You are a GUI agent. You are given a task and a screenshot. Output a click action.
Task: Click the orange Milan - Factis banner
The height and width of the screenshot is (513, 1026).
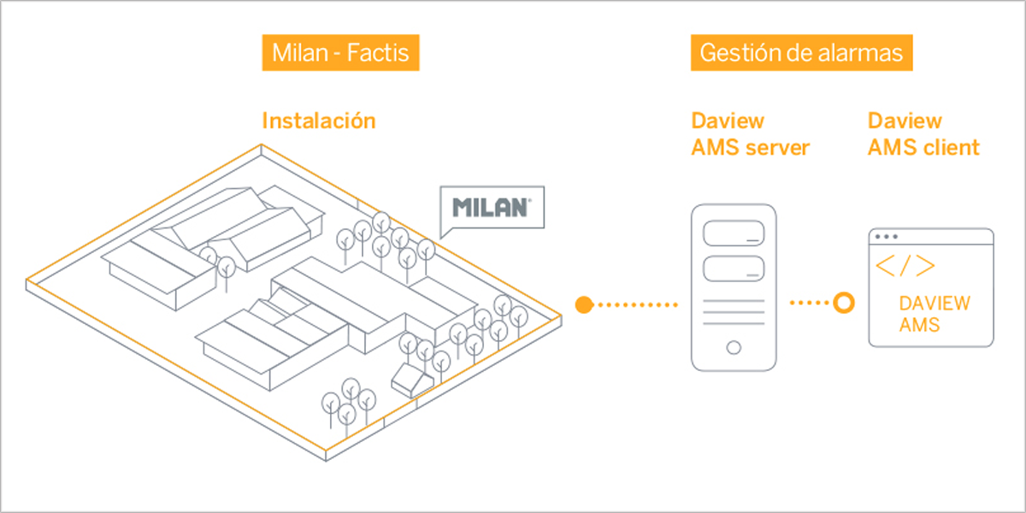tap(340, 53)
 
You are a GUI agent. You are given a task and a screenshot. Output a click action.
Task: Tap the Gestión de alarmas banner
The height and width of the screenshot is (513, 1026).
tap(801, 53)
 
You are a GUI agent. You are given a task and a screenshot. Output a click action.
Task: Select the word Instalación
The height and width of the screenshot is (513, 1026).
tap(318, 121)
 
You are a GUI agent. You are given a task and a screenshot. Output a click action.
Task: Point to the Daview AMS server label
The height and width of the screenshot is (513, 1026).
tap(750, 134)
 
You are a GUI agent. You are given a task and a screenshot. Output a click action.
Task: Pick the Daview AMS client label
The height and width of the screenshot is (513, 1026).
tap(923, 134)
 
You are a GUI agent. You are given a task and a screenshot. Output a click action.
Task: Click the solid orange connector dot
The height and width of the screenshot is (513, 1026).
tap(584, 304)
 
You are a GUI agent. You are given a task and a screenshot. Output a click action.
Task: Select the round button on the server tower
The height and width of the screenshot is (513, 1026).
tap(734, 348)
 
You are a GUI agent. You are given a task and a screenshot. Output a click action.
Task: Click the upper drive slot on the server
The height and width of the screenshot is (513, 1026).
tap(734, 234)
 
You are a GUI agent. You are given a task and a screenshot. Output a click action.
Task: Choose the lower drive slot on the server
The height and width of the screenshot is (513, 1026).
tap(734, 268)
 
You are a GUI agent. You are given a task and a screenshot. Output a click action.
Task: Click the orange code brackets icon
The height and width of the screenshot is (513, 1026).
tap(905, 267)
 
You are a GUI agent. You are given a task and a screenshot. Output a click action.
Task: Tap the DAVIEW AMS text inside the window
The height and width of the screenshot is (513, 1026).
tap(934, 314)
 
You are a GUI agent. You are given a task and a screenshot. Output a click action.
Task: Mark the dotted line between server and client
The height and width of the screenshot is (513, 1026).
tap(809, 303)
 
